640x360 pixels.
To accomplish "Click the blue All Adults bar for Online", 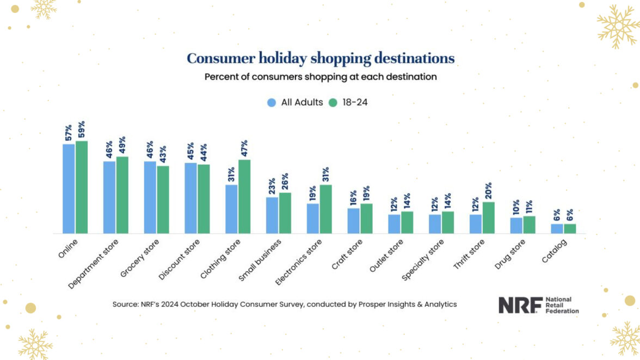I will [x=69, y=189].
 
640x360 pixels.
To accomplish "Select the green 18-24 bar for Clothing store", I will [x=244, y=196].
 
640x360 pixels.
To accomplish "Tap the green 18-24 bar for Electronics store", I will [x=326, y=209].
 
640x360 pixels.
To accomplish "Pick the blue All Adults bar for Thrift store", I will [x=476, y=224].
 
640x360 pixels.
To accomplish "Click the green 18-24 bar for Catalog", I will [x=570, y=228].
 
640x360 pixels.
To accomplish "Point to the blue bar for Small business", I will [x=272, y=215].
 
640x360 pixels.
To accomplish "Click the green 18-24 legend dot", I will [x=333, y=102].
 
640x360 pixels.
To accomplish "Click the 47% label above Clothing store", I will [x=244, y=149].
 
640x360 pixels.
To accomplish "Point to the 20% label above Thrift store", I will [x=488, y=191].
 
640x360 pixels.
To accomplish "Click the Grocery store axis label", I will [x=140, y=258].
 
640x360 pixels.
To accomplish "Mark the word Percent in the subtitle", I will [x=221, y=77].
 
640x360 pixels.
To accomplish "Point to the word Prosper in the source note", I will [x=365, y=305].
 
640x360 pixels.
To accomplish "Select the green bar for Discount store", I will [x=204, y=198].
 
